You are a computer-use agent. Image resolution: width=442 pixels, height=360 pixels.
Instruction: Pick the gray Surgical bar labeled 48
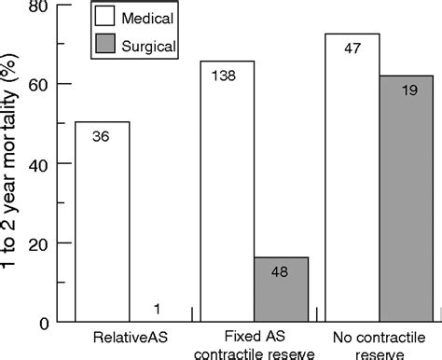(281, 289)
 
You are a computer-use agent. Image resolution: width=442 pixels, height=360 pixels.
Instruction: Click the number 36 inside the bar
(103, 136)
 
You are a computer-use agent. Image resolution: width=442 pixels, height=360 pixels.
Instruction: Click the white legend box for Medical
(131, 17)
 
